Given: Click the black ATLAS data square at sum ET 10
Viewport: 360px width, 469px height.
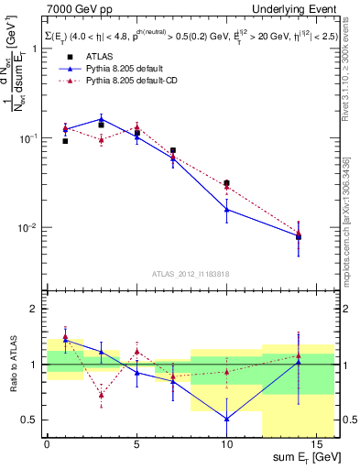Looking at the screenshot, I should point(226,183).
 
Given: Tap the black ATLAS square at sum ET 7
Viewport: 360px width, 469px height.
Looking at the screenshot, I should point(173,150).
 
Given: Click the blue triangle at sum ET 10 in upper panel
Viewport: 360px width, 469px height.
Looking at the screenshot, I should point(226,210).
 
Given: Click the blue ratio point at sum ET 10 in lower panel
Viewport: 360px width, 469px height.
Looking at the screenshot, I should point(226,419).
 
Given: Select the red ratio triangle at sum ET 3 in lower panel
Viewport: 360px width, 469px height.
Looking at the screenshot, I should point(101,395).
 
